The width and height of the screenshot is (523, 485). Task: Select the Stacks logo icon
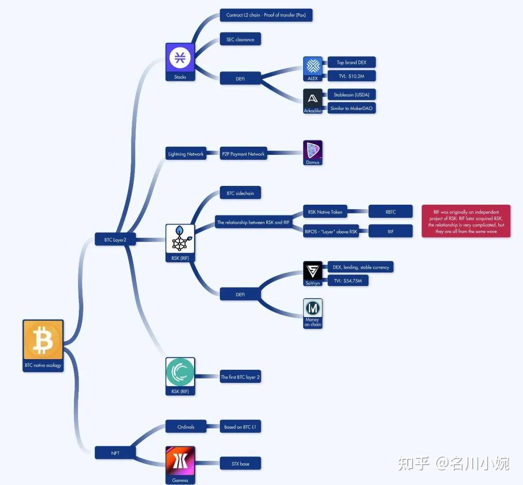tap(180, 58)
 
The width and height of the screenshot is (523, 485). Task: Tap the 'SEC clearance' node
tap(240, 39)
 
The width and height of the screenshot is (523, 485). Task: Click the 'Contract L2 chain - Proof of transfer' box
tap(266, 15)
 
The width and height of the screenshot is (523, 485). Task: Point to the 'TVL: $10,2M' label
tap(352, 76)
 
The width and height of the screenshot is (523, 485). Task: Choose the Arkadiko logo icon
tap(313, 98)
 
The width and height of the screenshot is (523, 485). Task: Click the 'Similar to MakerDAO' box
tap(352, 108)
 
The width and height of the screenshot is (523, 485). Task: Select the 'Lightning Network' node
tap(186, 154)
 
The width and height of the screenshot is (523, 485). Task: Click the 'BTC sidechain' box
tap(240, 193)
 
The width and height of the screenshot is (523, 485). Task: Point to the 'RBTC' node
tap(390, 212)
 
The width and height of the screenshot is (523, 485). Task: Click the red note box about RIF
tap(466, 221)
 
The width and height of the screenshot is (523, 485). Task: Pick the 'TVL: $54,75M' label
tap(348, 280)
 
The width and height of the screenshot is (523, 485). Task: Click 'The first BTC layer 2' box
tap(240, 377)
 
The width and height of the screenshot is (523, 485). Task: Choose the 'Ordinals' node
tap(186, 426)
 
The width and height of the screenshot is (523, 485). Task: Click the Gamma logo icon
tap(180, 461)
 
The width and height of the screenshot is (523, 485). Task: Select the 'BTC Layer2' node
tap(115, 239)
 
